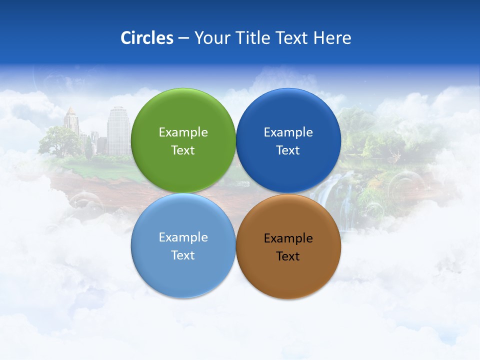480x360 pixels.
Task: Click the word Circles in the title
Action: coord(147,38)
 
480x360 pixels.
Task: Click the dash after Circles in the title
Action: coord(183,38)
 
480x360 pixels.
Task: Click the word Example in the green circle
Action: coord(183,132)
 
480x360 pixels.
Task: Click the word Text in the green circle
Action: coord(183,150)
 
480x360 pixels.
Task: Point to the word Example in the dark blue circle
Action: coord(288,132)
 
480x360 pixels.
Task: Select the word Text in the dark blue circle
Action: coord(288,150)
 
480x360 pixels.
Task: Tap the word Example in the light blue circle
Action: coord(183,237)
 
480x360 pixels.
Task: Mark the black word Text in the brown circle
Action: coord(288,256)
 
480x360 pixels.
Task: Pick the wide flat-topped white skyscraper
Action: coord(118,131)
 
